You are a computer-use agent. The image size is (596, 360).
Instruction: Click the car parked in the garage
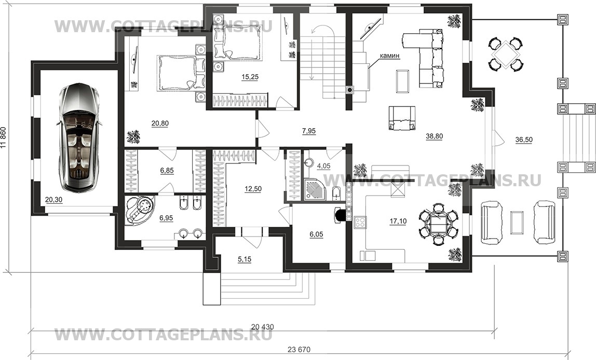click(x=79, y=137)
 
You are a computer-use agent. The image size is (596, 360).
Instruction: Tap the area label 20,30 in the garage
click(x=53, y=200)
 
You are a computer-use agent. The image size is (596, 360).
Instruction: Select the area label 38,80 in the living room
click(x=435, y=136)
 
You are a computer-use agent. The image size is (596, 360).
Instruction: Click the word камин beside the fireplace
click(x=389, y=56)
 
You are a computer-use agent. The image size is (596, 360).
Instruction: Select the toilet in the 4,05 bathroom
click(x=336, y=193)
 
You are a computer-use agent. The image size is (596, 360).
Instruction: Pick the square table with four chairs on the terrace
click(x=505, y=53)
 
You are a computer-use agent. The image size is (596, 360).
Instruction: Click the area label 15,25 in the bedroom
click(x=250, y=77)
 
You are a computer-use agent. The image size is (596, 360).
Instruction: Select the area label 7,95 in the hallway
click(x=308, y=131)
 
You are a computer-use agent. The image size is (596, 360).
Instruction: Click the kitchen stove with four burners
click(x=360, y=223)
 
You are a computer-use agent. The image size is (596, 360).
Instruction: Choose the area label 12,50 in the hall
click(x=253, y=189)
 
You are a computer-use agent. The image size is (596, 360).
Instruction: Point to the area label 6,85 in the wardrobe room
click(x=167, y=171)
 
